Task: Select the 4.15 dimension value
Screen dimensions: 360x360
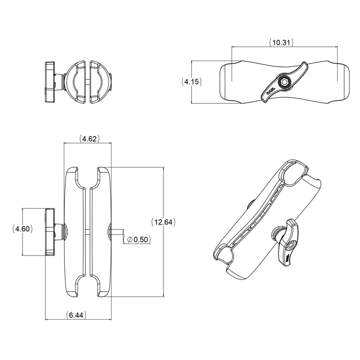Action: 191,82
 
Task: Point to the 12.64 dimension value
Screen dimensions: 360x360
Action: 163,222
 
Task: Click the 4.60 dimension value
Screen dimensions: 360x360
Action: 22,229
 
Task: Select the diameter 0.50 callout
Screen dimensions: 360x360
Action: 136,239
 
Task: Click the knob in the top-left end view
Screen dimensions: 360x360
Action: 49,82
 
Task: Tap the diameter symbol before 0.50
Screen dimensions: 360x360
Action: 130,239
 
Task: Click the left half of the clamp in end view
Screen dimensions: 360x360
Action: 76,82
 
